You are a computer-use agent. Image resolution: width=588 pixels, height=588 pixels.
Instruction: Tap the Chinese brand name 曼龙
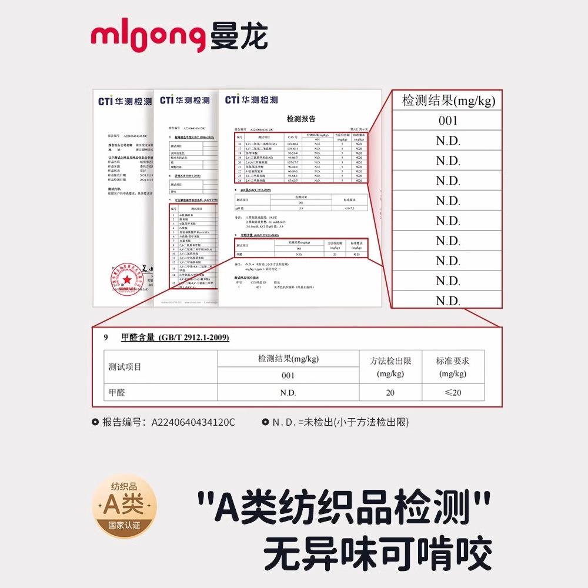click(x=238, y=37)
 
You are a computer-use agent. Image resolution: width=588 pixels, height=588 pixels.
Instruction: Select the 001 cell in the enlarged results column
click(x=447, y=121)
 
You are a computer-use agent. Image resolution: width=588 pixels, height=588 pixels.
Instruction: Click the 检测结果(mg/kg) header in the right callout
click(x=448, y=101)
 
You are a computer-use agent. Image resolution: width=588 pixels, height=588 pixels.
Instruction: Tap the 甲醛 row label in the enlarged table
click(x=117, y=392)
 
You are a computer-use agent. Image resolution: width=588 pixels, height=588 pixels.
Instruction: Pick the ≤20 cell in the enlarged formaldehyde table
click(x=452, y=392)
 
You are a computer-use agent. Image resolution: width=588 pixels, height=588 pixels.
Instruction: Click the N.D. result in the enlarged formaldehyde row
click(x=288, y=392)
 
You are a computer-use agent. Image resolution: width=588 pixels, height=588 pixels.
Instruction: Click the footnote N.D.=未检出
click(x=340, y=422)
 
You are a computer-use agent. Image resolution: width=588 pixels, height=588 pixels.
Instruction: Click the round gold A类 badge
click(x=124, y=503)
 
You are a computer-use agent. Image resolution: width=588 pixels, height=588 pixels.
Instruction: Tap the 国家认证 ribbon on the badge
click(x=124, y=525)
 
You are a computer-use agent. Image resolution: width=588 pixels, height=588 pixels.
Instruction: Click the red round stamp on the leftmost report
click(x=126, y=276)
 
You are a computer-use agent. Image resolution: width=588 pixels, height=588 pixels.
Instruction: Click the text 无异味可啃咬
click(x=377, y=553)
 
